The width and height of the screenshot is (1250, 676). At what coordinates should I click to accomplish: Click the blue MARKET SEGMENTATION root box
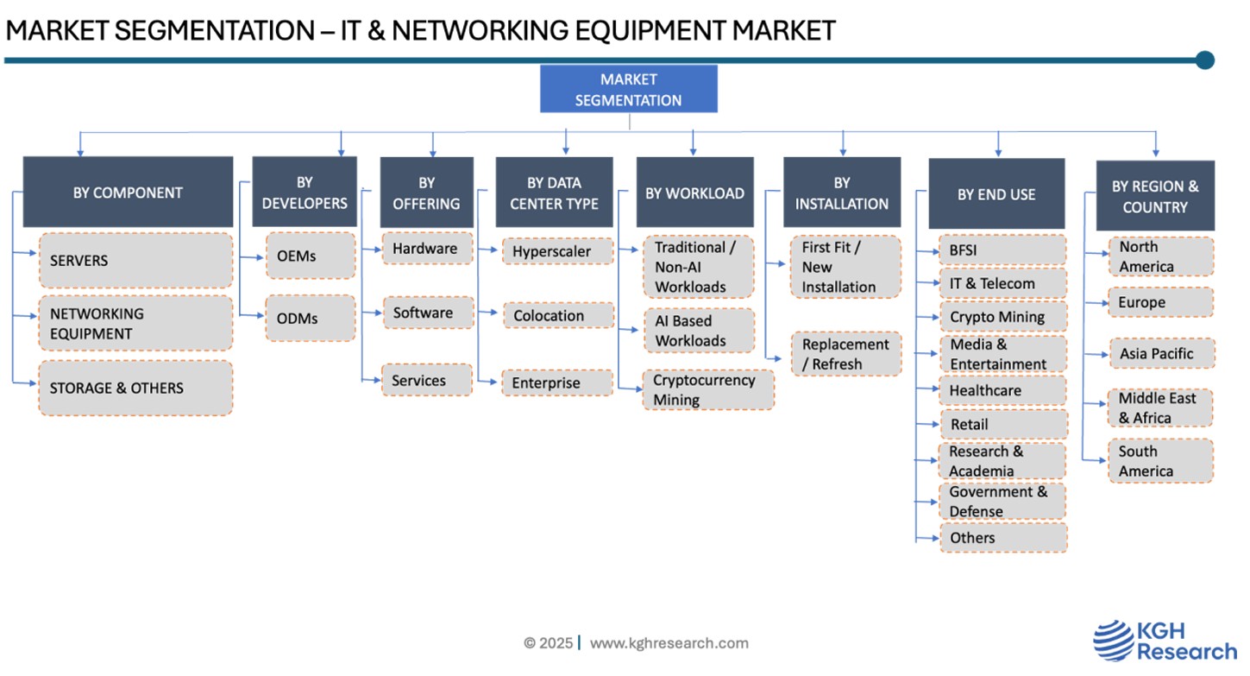[x=628, y=89]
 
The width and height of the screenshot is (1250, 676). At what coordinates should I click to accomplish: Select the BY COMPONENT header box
[x=128, y=193]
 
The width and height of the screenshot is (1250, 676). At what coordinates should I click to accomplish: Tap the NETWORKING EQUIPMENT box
[x=135, y=324]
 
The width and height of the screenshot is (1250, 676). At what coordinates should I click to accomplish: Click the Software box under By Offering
[x=427, y=313]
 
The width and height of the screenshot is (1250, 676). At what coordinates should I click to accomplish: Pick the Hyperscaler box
[x=557, y=252]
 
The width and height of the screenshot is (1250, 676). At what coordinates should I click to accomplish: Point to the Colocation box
[x=557, y=316]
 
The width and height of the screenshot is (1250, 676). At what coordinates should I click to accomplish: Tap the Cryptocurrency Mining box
[x=707, y=390]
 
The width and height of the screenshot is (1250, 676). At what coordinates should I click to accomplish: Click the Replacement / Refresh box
[x=845, y=355]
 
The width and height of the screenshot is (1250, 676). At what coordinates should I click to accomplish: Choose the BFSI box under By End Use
[x=1002, y=251]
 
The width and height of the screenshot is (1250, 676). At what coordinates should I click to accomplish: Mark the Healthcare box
[x=1002, y=391]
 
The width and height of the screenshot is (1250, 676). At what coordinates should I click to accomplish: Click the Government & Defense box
[x=1002, y=502]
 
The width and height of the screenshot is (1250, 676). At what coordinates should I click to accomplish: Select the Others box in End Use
[x=1002, y=538]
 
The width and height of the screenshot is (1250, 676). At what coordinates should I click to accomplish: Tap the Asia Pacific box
[x=1160, y=354]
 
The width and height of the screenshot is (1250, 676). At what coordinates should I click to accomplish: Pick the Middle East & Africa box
[x=1160, y=408]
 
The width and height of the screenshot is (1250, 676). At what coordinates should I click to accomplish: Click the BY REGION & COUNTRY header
[x=1155, y=197]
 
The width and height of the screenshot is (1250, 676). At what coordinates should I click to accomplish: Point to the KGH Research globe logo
[x=1114, y=641]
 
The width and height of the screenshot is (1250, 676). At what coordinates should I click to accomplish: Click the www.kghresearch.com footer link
[x=669, y=643]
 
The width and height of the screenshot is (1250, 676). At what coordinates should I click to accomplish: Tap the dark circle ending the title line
[x=1205, y=60]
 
